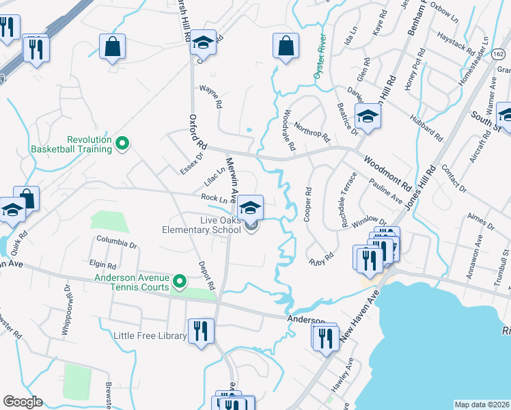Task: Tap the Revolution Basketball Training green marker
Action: click(122, 143)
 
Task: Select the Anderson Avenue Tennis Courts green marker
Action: click(180, 280)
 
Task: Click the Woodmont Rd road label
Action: click(387, 173)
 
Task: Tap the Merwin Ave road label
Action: click(232, 180)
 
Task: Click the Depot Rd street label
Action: click(206, 275)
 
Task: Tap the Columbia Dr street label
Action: click(116, 242)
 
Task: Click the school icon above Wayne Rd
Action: click(203, 43)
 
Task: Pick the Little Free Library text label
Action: click(150, 336)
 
